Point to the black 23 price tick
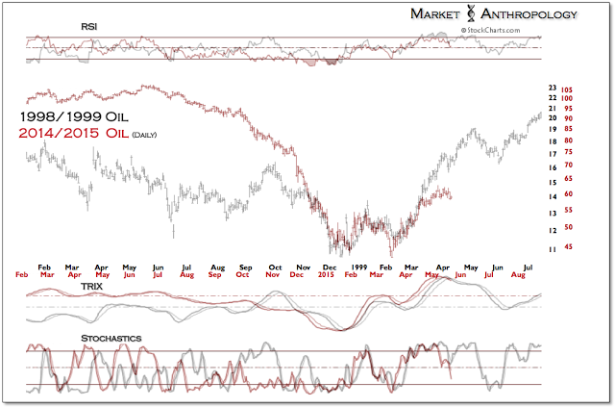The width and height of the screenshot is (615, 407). click(x=552, y=88)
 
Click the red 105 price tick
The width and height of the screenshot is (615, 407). click(x=567, y=88)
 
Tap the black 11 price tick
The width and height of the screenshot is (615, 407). click(x=552, y=250)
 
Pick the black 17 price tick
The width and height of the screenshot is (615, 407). click(x=552, y=154)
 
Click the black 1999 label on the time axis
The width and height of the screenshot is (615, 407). click(x=358, y=265)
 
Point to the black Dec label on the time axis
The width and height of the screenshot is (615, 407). click(x=330, y=265)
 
